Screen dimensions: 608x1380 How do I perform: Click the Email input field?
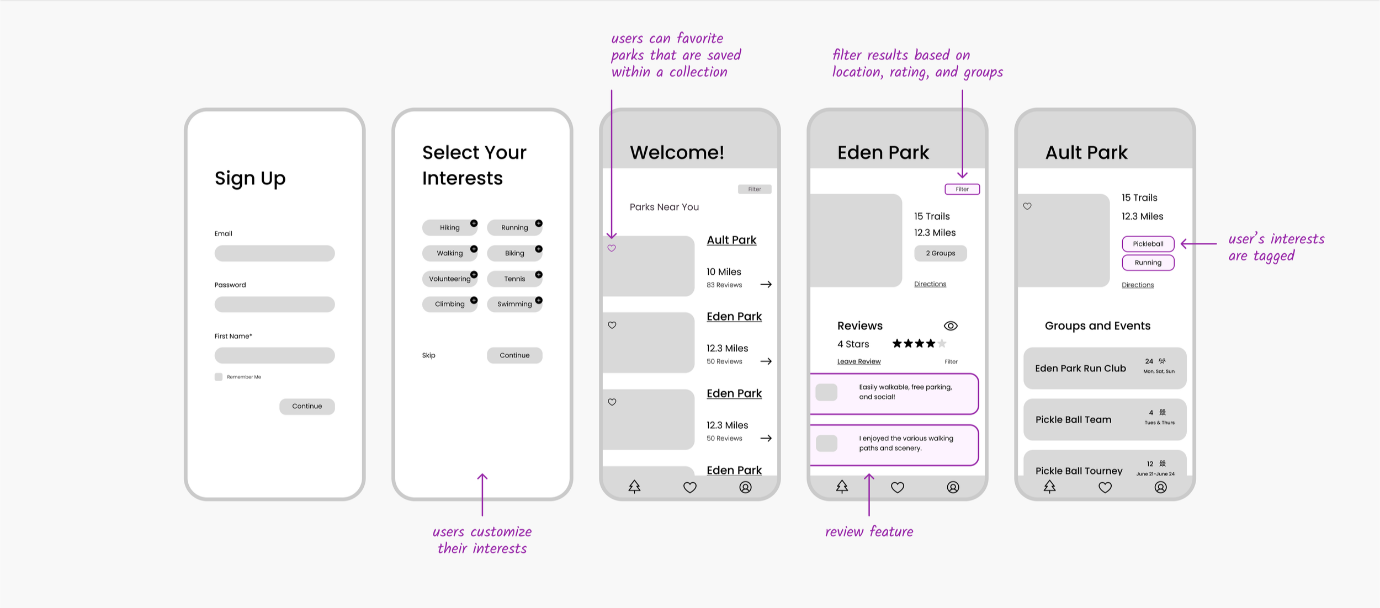click(274, 253)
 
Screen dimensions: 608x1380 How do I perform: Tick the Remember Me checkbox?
click(219, 377)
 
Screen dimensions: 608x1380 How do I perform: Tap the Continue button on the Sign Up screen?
click(307, 407)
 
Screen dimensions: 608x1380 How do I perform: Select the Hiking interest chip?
click(449, 227)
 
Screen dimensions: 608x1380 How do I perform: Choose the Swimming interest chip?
click(514, 304)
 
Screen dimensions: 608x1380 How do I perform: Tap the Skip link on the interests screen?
click(428, 355)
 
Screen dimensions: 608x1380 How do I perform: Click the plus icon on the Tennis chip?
click(539, 275)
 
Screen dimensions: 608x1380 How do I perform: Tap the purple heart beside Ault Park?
click(612, 248)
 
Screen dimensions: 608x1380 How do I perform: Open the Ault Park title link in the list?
click(731, 240)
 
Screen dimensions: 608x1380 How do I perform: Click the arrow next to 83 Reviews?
click(766, 285)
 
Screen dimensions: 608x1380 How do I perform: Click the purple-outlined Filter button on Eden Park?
click(962, 189)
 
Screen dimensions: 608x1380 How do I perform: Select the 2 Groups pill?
click(940, 253)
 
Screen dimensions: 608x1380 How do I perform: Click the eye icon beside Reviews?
click(951, 326)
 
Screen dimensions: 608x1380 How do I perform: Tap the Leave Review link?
click(859, 361)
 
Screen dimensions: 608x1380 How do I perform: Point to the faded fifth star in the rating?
click(942, 344)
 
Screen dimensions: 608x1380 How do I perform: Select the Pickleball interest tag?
click(1148, 244)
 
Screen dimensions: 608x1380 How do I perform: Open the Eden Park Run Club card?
click(1105, 368)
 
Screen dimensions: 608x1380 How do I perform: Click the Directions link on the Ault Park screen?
click(1138, 285)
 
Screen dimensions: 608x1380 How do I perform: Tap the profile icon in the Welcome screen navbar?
click(745, 487)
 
